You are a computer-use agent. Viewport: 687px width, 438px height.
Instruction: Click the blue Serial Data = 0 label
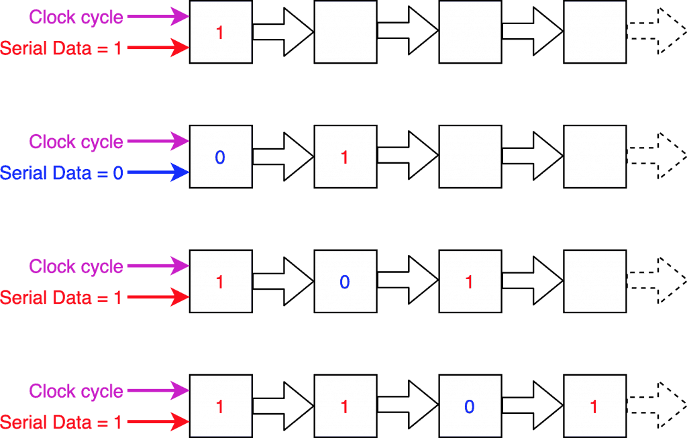[x=61, y=173]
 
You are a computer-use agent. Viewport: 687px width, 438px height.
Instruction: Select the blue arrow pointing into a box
[x=158, y=172]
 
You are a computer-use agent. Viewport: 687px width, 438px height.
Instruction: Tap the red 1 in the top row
[x=220, y=33]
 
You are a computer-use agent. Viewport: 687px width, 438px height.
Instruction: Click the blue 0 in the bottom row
[x=469, y=407]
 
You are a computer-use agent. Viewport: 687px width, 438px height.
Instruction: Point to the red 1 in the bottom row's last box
[x=594, y=407]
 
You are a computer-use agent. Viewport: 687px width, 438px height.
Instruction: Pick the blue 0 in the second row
[x=220, y=158]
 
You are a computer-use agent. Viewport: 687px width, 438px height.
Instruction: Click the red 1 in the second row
[x=344, y=158]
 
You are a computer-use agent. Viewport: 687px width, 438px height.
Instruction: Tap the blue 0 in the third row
[x=345, y=282]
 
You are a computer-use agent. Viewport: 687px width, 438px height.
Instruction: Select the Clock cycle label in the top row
[x=76, y=17]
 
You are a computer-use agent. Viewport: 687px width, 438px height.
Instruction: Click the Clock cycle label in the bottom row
[x=76, y=391]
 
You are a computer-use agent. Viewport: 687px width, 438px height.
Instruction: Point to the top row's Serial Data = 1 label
[x=61, y=48]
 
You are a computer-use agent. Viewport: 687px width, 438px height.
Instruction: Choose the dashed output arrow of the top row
[x=656, y=31]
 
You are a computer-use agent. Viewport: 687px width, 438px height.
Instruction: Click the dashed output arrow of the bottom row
[x=656, y=404]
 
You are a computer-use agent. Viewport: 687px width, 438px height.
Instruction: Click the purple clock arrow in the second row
[x=158, y=142]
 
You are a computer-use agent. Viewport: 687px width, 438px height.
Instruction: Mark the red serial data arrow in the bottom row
[x=158, y=422]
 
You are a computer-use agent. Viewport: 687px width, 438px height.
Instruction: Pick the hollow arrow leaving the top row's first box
[x=283, y=32]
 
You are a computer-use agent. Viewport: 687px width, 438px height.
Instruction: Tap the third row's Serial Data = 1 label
[x=61, y=298]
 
